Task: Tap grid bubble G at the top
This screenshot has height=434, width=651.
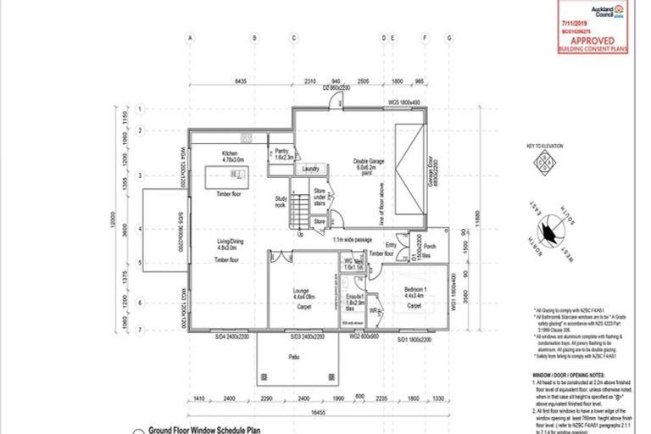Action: tap(448, 38)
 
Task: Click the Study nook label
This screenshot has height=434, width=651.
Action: tap(281, 202)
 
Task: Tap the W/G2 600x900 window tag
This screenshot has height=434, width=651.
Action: tap(361, 337)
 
